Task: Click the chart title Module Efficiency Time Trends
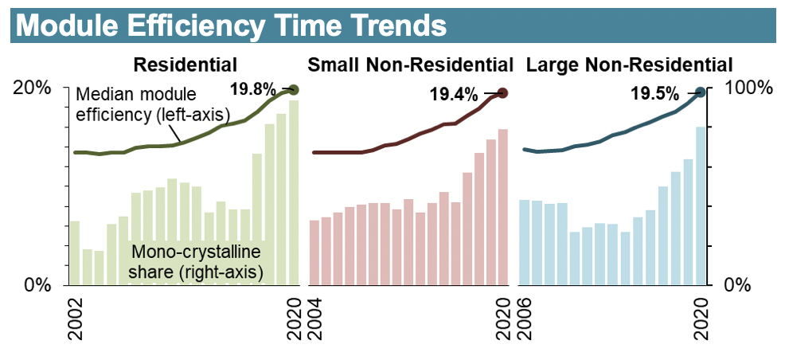231,25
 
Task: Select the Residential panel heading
185,64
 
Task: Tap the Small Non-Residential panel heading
410,64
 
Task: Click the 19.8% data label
252,88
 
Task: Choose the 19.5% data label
658,94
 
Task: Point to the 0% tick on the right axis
741,284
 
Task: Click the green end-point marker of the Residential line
294,89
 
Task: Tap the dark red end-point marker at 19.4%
502,93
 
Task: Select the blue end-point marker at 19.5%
701,92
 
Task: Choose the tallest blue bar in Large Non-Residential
701,205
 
